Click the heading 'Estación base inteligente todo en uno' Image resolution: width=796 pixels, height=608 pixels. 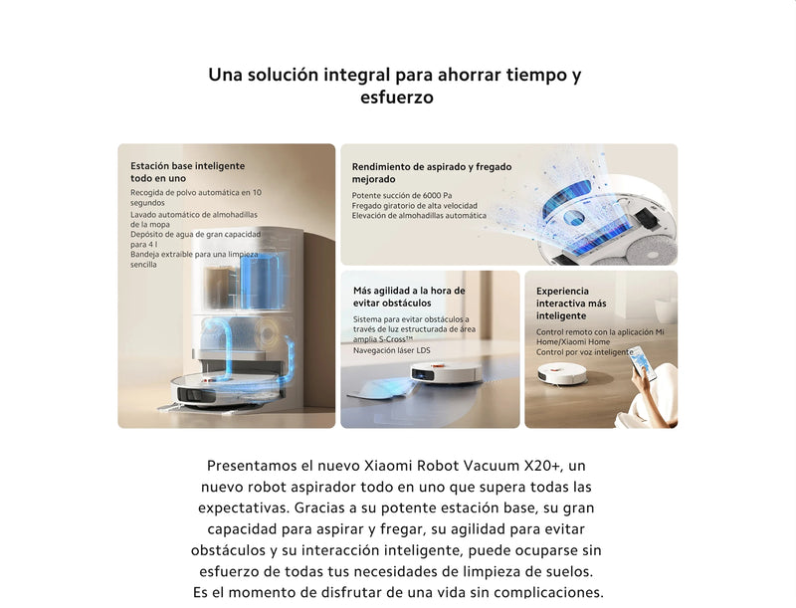click(x=187, y=172)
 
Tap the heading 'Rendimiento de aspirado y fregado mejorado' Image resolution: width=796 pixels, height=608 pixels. click(x=432, y=173)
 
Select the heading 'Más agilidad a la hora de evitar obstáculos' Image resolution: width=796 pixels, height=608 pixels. click(x=409, y=297)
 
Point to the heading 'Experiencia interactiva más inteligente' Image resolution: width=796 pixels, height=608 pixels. click(x=571, y=303)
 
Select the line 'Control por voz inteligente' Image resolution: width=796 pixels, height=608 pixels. click(x=584, y=352)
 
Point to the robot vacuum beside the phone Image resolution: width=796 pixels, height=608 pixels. click(x=562, y=373)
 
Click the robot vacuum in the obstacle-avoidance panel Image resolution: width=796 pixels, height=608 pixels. click(x=445, y=373)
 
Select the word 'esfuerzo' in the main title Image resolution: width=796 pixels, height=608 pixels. click(x=396, y=99)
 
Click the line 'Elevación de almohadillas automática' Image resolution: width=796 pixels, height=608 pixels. click(x=419, y=215)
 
